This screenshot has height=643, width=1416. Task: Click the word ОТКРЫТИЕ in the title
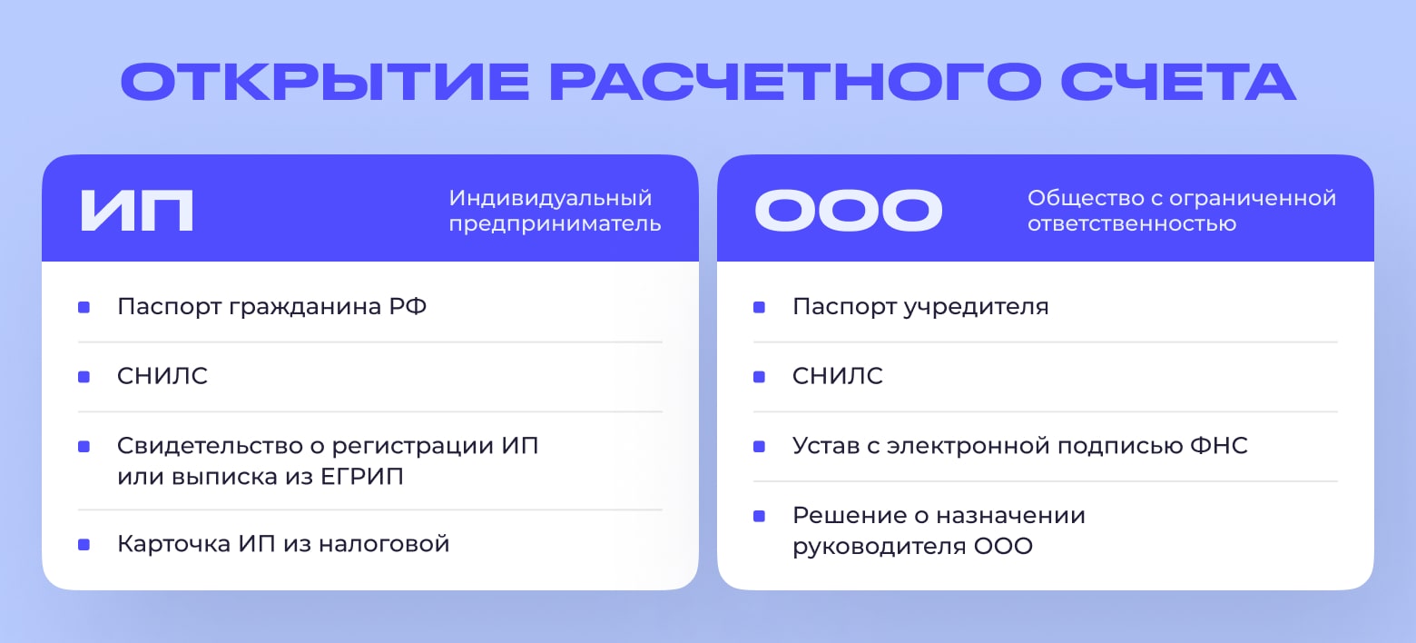pos(325,82)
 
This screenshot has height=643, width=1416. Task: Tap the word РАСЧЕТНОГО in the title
pos(795,82)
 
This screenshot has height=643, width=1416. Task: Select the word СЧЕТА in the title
pos(1179,82)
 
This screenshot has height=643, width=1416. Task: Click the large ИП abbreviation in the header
pos(137,211)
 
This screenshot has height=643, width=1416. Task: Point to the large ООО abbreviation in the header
pos(849,211)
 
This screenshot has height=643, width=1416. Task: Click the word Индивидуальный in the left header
pos(550,199)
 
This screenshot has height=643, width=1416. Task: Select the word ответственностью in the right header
pos(1132,223)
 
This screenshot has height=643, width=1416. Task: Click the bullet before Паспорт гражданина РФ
pos(84,307)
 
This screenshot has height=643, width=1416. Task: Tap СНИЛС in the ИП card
pos(162,376)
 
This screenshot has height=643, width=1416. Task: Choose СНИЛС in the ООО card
pos(838,376)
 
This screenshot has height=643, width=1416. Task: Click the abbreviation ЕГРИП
pos(362,477)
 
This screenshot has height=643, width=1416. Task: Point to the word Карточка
pos(174,544)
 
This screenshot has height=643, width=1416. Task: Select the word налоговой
pos(384,544)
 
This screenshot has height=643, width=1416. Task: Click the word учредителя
pos(976,308)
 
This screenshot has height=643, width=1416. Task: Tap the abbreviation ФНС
pos(1219,446)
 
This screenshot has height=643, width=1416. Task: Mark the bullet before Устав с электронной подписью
pos(759,446)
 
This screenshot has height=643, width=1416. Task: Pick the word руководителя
pos(880,547)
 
